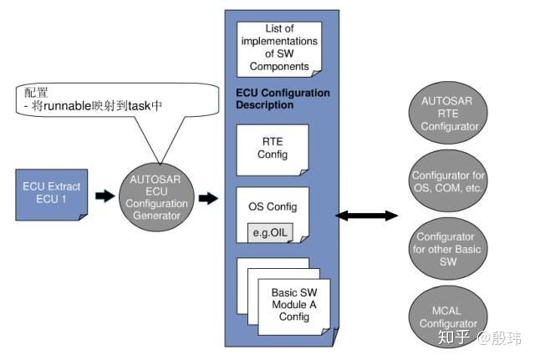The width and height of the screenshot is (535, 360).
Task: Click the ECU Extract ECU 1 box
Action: tap(52, 195)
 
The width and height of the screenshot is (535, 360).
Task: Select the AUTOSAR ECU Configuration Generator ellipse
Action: tap(156, 197)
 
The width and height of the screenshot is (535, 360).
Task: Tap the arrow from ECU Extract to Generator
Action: tap(105, 195)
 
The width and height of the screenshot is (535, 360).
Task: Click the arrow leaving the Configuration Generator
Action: tap(208, 198)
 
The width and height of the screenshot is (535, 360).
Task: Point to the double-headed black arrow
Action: tap(366, 215)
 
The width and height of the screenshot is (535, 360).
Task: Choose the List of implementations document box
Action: tap(279, 49)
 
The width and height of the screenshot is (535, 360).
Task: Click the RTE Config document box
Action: tap(273, 150)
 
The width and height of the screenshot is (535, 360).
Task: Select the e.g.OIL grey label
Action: tap(270, 233)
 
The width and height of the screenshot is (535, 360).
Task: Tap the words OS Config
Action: tap(273, 206)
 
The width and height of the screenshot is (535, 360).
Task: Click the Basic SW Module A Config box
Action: tap(294, 307)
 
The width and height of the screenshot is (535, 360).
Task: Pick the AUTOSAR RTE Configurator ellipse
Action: tap(448, 113)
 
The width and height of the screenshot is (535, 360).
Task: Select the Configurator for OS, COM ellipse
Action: tap(448, 181)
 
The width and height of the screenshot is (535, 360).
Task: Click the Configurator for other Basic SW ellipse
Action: tap(448, 249)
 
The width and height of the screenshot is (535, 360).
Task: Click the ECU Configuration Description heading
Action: tap(283, 99)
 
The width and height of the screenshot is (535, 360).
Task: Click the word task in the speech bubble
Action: tap(140, 106)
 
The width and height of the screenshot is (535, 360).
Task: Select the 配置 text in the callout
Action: tap(36, 93)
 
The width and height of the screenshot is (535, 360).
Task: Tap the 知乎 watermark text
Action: tap(453, 337)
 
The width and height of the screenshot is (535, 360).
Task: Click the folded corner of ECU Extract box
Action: tap(84, 217)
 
